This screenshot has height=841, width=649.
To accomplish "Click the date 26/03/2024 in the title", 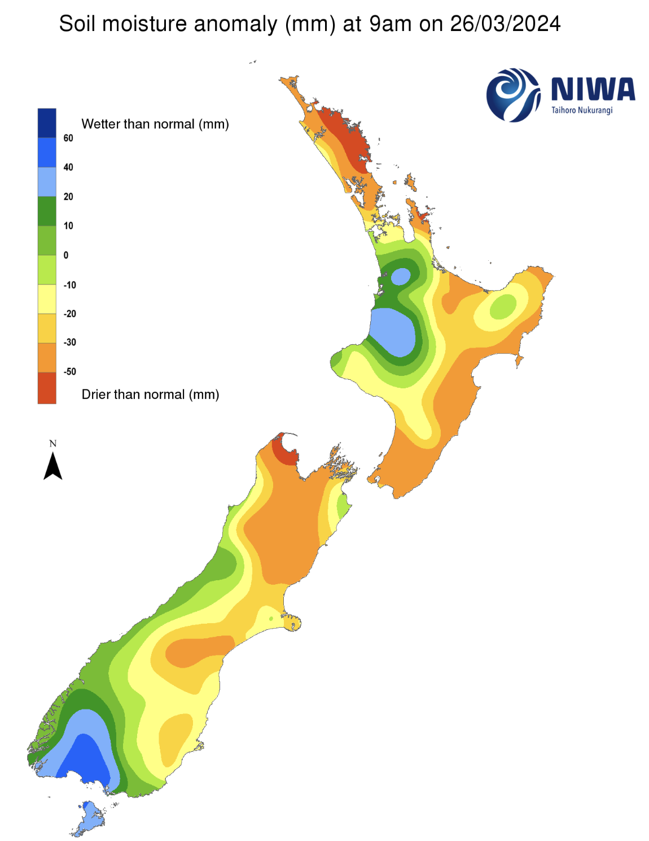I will point(505,24).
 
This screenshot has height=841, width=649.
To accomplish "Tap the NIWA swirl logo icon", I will point(512,95).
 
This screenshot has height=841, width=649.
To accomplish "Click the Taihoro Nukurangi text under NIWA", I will point(581,110).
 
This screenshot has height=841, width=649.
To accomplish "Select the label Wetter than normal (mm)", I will point(155,124).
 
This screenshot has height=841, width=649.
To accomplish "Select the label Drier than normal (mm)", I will point(150,395).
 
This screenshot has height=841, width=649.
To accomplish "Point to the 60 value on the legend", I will point(68,138).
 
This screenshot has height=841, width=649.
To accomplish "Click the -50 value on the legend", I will point(69,371).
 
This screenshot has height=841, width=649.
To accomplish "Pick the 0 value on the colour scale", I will point(66,255).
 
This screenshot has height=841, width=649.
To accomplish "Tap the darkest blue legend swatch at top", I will point(47,123).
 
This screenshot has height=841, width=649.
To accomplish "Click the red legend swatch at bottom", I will point(47,388).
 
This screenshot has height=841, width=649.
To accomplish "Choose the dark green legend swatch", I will point(47,211).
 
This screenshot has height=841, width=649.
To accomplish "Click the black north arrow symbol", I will point(53,467).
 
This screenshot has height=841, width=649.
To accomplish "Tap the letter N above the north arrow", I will point(53,444).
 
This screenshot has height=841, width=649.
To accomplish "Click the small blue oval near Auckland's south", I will point(401,277).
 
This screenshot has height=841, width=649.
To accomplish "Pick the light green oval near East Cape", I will point(502,307).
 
